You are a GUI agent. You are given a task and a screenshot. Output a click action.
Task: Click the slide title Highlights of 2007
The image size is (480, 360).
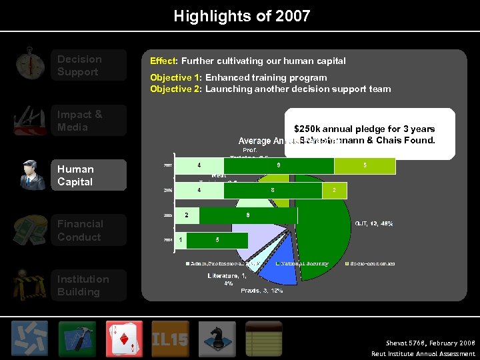tap(241, 15)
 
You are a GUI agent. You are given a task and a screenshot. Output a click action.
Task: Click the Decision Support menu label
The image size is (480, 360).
tap(80, 65)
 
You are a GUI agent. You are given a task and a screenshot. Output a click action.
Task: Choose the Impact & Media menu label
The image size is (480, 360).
tap(80, 121)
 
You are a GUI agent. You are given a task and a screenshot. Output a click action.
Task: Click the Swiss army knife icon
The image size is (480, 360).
tap(29, 121)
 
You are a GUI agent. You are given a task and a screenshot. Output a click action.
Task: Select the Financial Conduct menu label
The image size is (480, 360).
tap(80, 231)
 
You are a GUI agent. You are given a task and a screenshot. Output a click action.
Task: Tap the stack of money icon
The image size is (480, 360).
tap(29, 231)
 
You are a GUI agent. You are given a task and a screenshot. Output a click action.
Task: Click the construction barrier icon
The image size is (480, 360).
tap(29, 285)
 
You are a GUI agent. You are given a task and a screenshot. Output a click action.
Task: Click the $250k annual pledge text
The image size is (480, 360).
tap(364, 129)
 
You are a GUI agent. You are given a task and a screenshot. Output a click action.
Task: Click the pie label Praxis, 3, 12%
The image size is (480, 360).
tap(261, 290)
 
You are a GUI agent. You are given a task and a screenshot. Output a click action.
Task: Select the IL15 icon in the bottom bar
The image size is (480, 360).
tap(170, 339)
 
